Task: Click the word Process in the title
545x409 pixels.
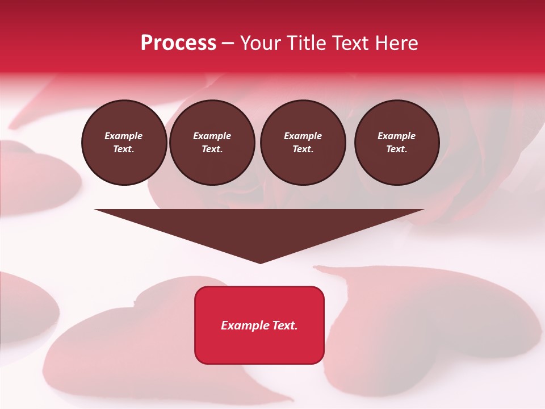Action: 178,43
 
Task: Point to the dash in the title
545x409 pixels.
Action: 228,44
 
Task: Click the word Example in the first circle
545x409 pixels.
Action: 124,136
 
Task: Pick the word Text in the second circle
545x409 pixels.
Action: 211,149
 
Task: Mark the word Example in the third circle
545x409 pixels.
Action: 303,136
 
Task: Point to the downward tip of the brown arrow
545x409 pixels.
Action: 260,262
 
